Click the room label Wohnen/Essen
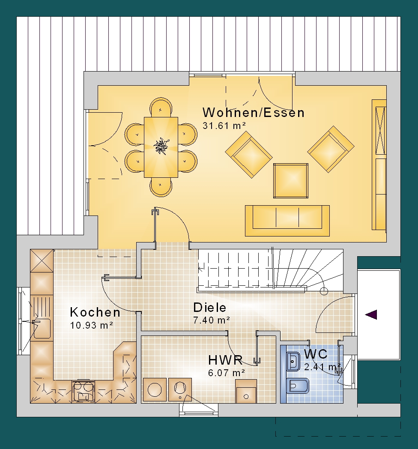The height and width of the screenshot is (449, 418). pos(254,113)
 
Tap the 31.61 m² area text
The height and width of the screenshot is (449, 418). pos(224,126)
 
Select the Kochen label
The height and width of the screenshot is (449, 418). pos(95,312)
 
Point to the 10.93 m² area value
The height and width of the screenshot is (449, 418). pos(91,325)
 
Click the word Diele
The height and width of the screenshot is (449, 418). pos(209,308)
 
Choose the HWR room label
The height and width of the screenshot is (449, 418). pos(225,360)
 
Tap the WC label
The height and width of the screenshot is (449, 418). pos(316,354)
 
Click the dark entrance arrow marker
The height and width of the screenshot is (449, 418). pos(371,315)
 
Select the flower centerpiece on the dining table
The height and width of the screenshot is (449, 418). pos(161,147)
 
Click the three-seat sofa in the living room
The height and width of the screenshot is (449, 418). pos(287,221)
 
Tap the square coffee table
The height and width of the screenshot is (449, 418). pos(291,181)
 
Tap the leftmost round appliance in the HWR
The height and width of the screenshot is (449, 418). pos(155,389)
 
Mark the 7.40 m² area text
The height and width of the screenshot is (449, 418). pos(212,320)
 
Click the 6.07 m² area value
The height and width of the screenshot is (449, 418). pos(227,373)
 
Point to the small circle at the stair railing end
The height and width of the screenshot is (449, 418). pos(323,291)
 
